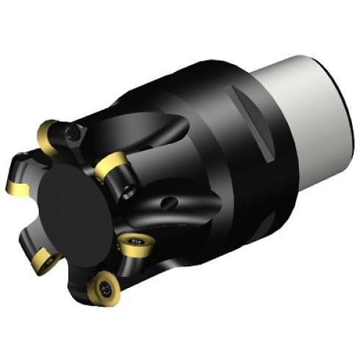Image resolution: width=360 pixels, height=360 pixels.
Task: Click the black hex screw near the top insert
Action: [x=71, y=133]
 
